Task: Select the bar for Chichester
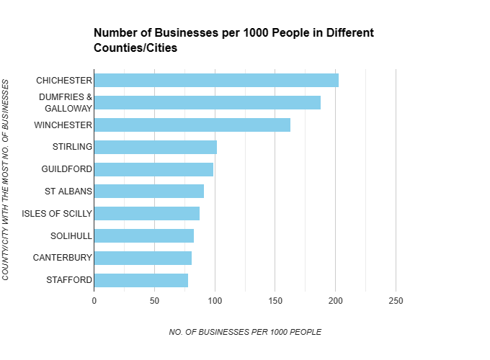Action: click(x=216, y=80)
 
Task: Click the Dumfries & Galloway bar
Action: click(x=207, y=102)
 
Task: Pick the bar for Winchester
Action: click(x=192, y=125)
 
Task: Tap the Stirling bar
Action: click(x=155, y=147)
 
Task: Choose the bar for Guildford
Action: click(x=153, y=169)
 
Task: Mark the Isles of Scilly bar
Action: click(x=146, y=213)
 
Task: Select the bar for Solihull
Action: click(x=143, y=235)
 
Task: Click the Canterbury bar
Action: click(x=143, y=258)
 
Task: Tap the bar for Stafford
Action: click(x=141, y=280)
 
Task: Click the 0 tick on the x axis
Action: click(x=94, y=300)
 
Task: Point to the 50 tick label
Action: click(x=154, y=300)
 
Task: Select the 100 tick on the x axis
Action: click(x=215, y=300)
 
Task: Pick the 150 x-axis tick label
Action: click(x=275, y=300)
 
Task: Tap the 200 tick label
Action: click(x=335, y=300)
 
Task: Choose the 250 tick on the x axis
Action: click(x=396, y=300)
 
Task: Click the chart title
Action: click(x=233, y=40)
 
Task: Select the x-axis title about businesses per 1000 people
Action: click(x=244, y=332)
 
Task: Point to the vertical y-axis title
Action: click(x=6, y=180)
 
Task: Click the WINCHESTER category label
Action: click(x=63, y=125)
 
